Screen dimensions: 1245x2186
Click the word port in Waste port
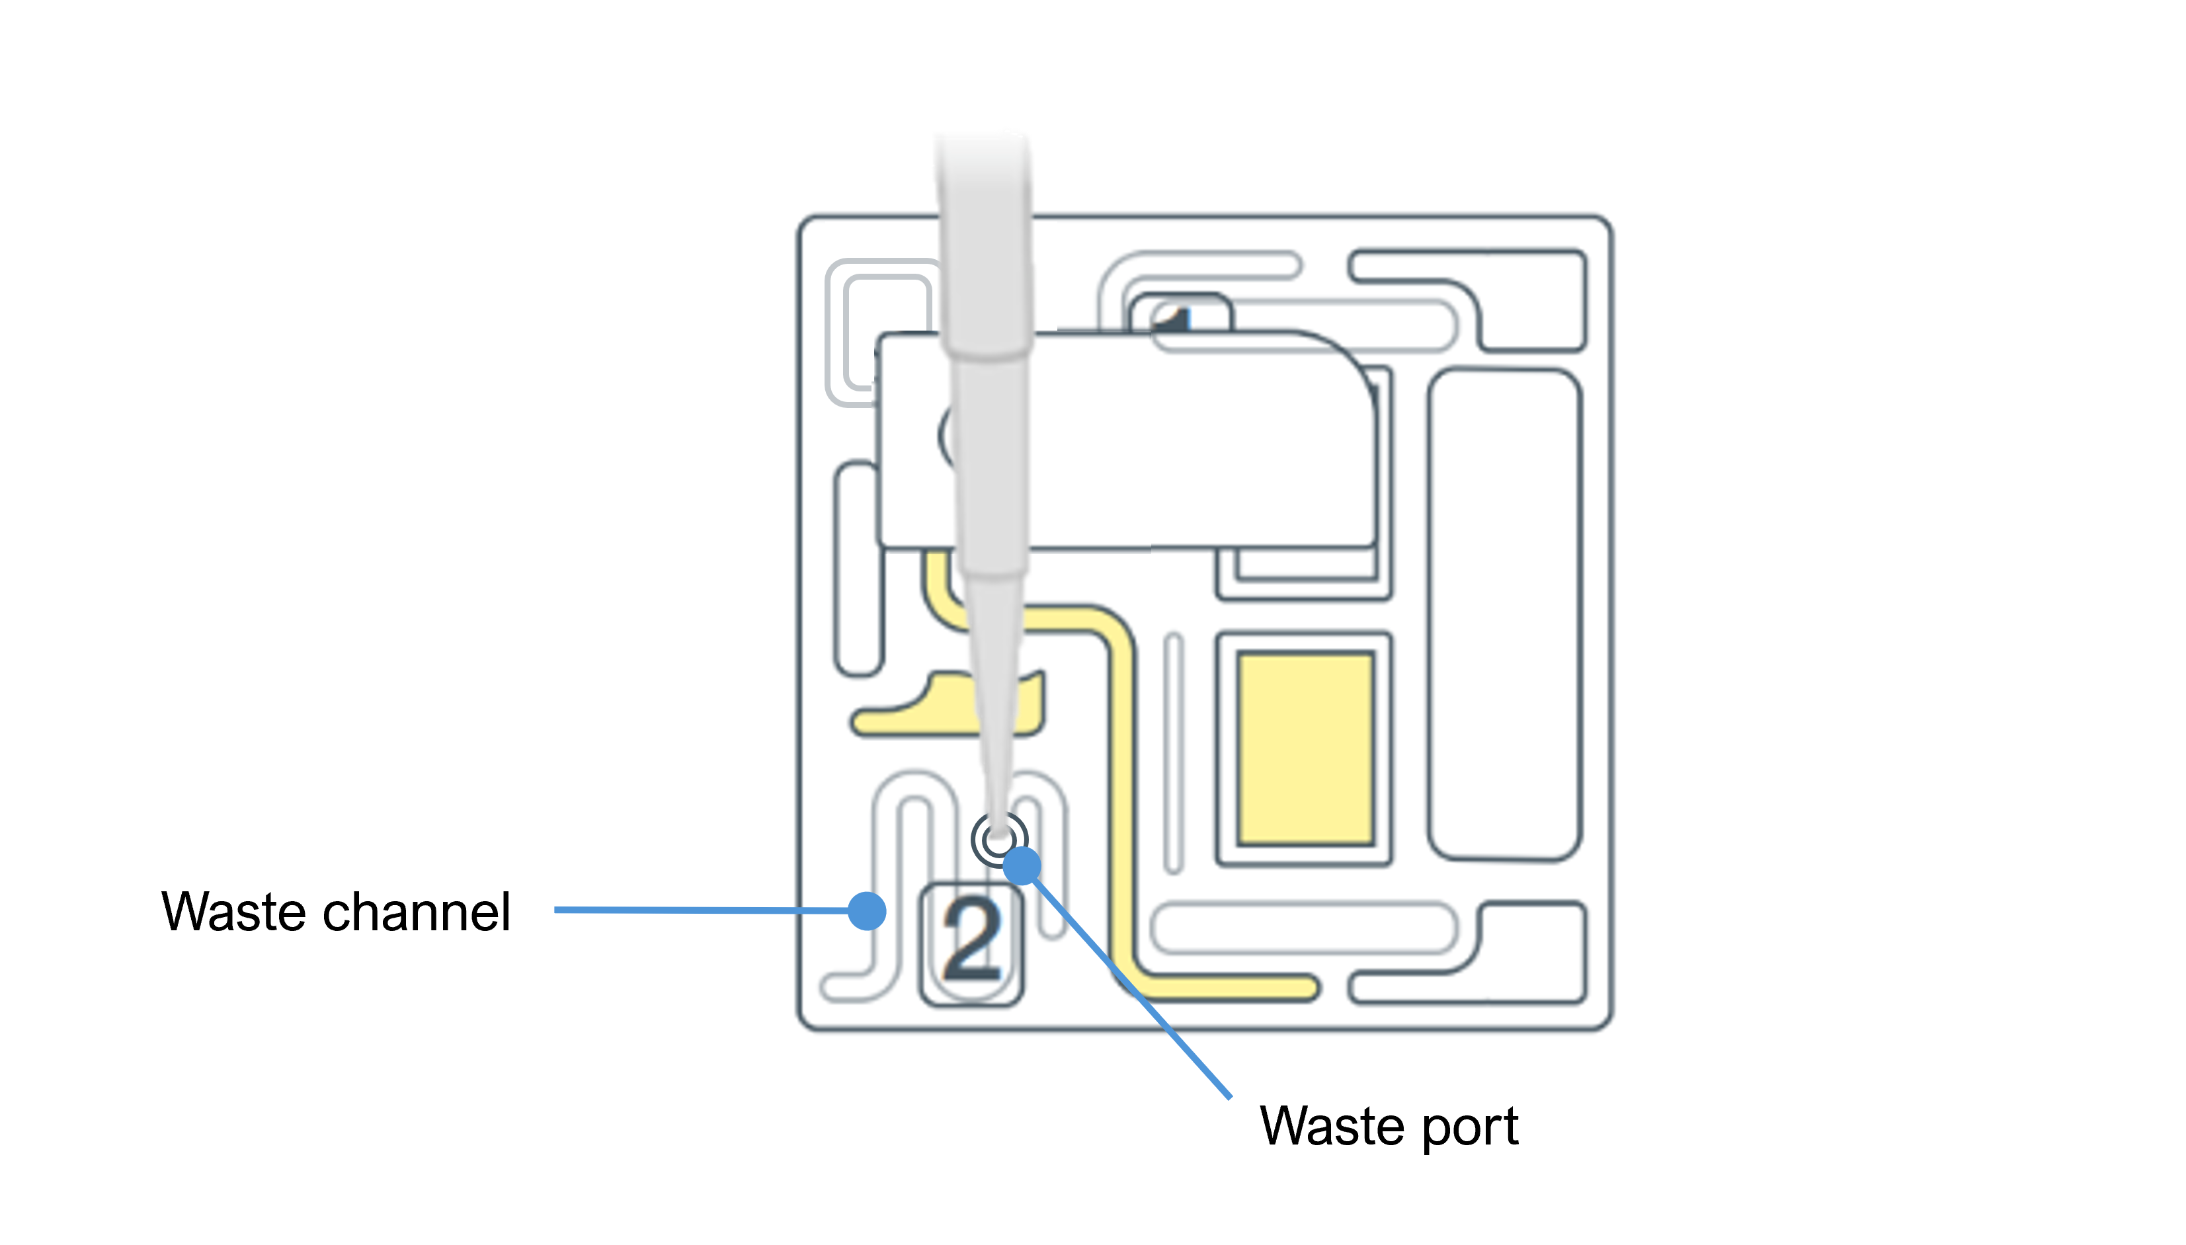[1470, 1127]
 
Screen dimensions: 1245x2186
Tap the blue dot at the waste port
[1022, 865]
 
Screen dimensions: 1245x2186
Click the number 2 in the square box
[971, 943]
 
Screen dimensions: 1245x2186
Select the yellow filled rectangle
[1305, 749]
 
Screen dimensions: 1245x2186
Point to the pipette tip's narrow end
[997, 817]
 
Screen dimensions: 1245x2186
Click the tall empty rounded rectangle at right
[1504, 614]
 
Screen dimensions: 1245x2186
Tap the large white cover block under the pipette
[1197, 440]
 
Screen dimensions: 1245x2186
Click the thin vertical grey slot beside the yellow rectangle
[1174, 752]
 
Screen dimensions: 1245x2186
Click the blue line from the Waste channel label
[701, 910]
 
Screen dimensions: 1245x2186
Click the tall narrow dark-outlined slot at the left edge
[857, 569]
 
